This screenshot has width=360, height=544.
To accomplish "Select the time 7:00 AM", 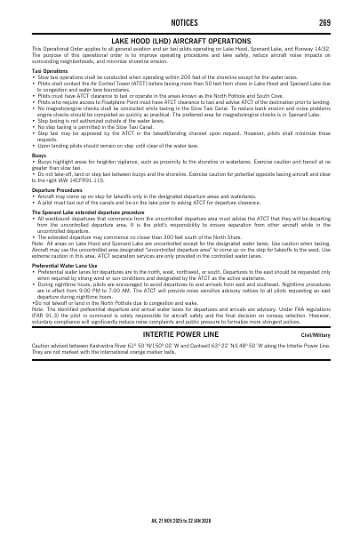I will (122, 290).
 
